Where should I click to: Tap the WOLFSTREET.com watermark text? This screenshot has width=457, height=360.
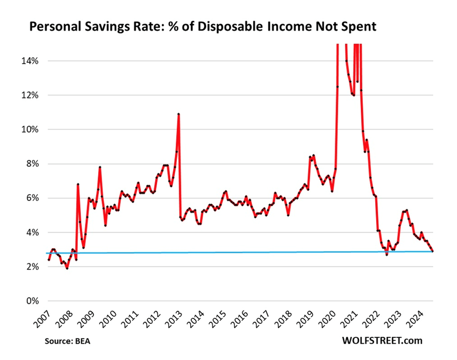pos(382,341)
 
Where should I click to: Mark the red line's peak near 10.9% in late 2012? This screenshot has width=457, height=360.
pos(178,114)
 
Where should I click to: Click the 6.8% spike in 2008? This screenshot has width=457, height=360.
pos(77,184)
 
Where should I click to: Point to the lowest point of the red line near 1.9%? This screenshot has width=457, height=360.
pos(67,268)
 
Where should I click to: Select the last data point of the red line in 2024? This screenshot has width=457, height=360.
pos(432,251)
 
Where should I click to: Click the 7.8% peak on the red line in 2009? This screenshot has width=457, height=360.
pos(100,167)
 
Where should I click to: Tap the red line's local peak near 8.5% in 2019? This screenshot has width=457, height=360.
pos(314,155)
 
